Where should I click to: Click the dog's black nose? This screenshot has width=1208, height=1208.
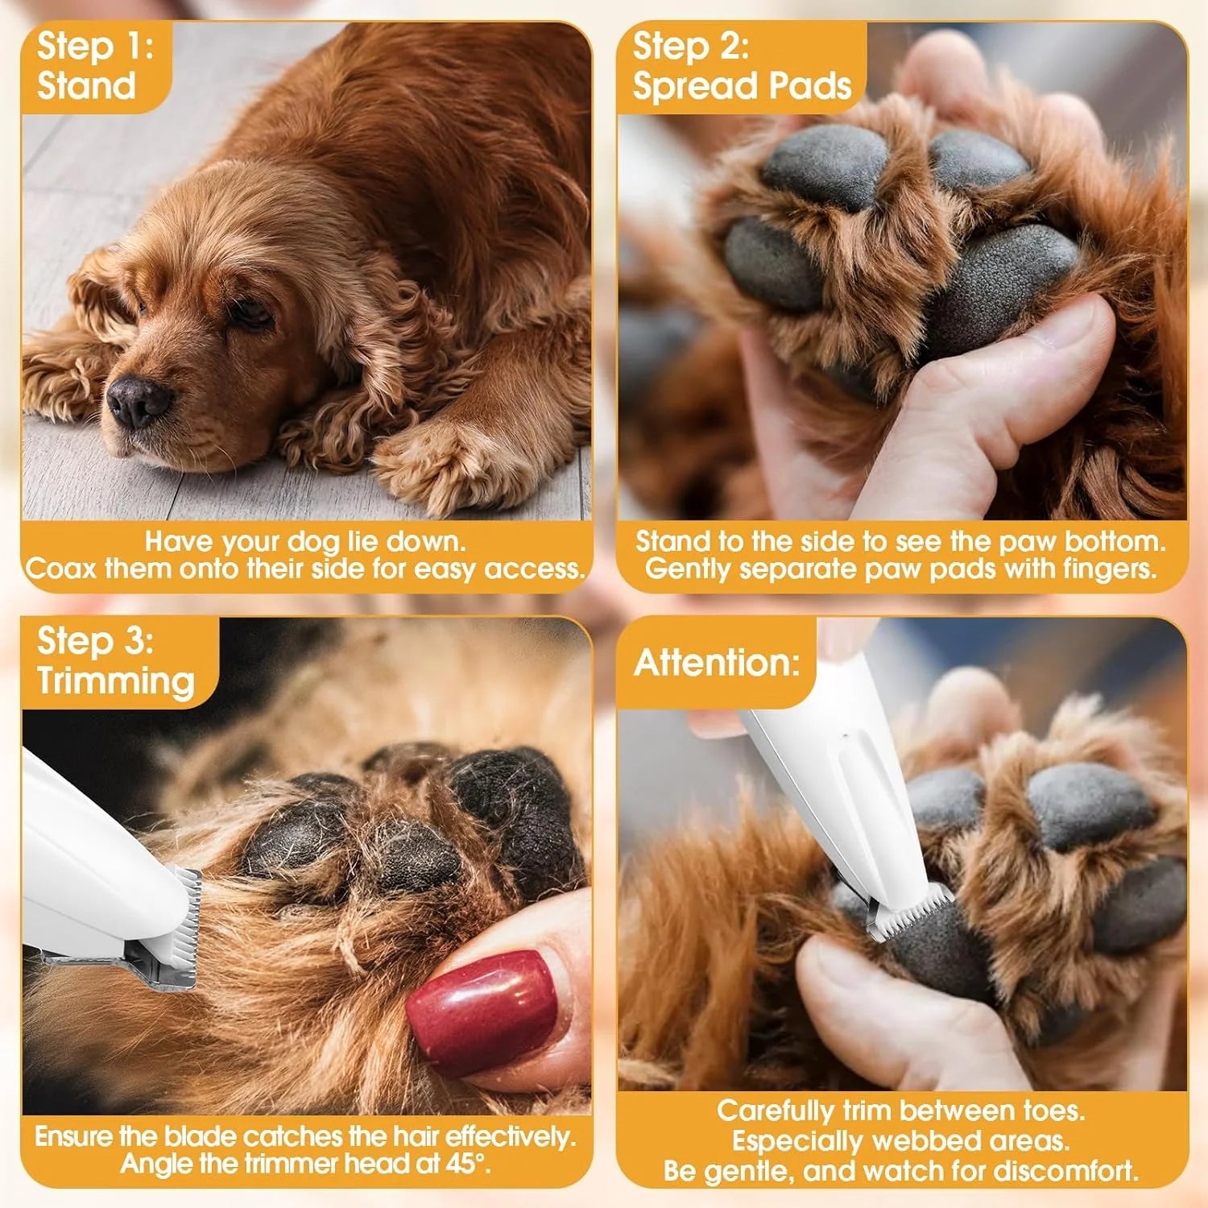pos(139,400)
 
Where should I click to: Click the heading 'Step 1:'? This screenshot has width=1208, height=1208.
pos(94,46)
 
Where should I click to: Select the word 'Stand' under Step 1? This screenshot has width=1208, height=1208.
pos(86,85)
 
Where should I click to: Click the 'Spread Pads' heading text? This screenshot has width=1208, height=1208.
pos(742,85)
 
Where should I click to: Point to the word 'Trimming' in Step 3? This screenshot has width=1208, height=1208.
pos(115,681)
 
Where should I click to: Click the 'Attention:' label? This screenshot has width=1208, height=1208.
pos(717,663)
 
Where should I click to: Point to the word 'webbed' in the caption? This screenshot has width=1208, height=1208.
pos(922,1140)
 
